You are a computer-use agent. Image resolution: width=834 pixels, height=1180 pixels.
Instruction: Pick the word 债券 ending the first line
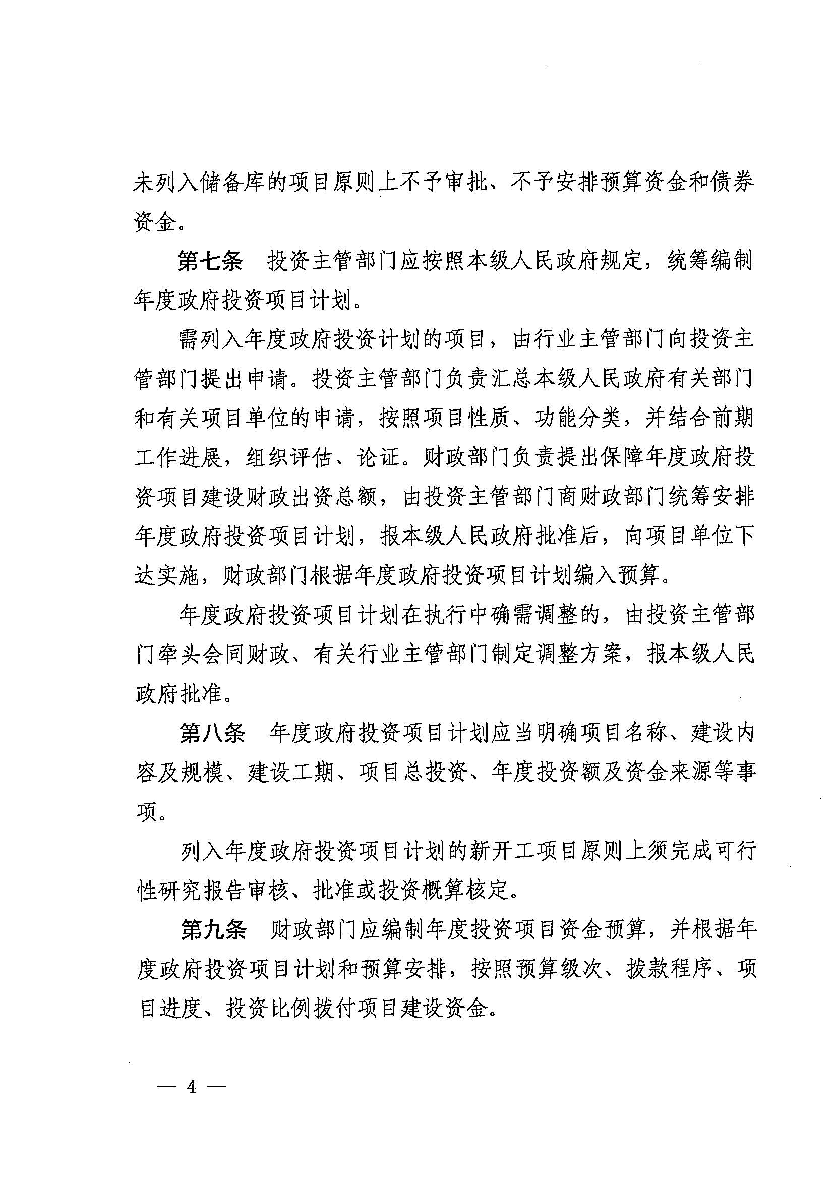[732, 184]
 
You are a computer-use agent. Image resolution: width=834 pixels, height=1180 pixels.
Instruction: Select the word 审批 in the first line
[466, 184]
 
